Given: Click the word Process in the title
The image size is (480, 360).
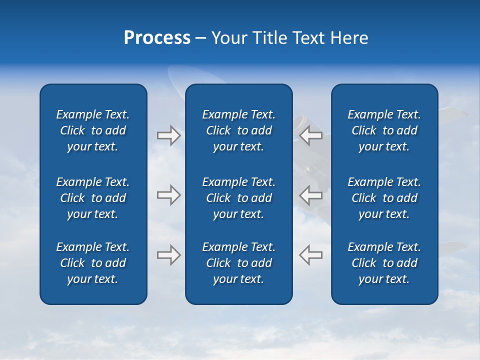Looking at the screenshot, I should click(157, 38).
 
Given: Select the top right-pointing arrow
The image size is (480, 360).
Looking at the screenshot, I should click(168, 135).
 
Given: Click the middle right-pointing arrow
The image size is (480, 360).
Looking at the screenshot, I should click(168, 195).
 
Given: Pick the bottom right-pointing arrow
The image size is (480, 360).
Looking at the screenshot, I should click(168, 255).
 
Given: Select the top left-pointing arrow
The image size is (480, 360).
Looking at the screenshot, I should click(311, 135).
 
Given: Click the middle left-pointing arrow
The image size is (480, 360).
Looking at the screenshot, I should click(311, 195).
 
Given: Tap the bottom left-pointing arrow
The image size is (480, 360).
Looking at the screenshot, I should click(311, 255).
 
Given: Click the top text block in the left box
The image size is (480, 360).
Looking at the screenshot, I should click(93, 130).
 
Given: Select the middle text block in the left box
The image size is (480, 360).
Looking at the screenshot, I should click(93, 198).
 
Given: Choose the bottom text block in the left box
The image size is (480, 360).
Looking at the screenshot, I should click(93, 263).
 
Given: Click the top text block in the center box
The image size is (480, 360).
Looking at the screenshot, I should click(238, 130).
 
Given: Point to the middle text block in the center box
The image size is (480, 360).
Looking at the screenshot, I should click(238, 198).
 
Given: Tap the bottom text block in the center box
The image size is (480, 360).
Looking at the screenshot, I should click(238, 263).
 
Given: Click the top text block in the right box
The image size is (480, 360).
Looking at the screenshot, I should click(384, 130).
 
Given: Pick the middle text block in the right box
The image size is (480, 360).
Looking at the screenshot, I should click(384, 198).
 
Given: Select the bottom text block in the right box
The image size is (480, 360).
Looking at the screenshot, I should click(384, 263).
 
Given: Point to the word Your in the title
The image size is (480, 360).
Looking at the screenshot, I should click(229, 38).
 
